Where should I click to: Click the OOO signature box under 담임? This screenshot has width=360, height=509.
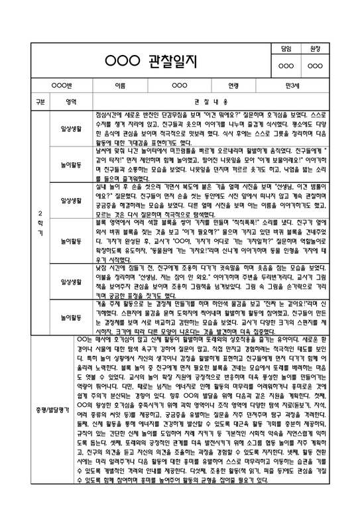point(286,66)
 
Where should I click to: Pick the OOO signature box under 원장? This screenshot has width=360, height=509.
point(316,66)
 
